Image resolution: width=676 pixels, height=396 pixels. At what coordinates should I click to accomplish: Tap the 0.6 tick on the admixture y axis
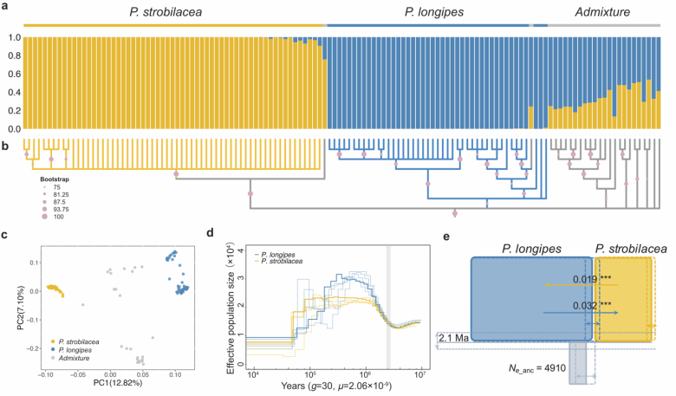coord(11,75)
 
